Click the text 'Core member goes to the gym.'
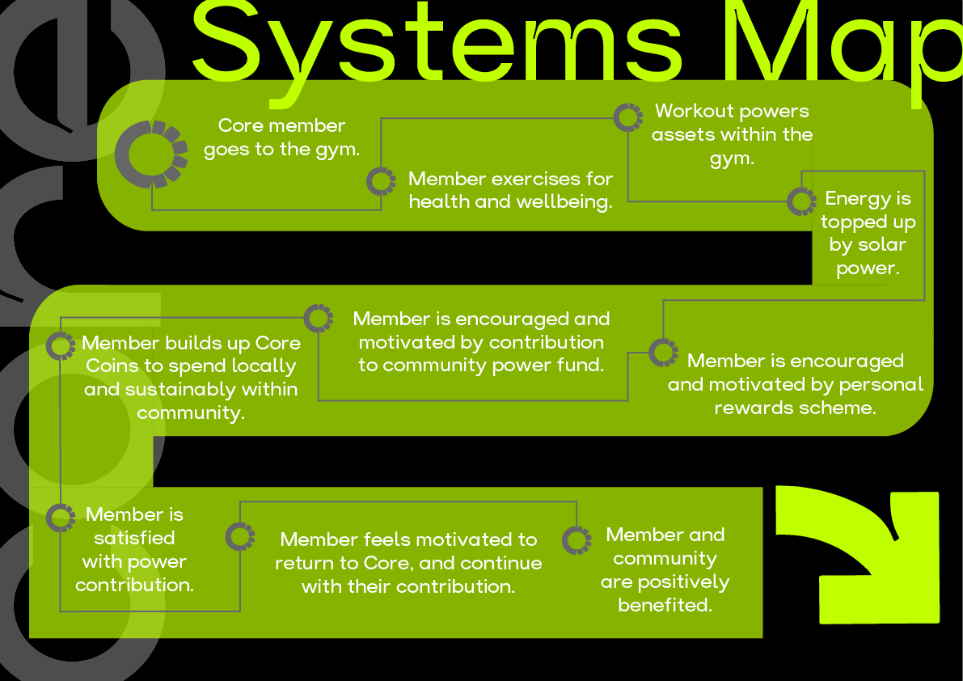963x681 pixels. [x=281, y=137]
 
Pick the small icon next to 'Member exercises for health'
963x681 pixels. [x=381, y=181]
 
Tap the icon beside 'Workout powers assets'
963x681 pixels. [x=628, y=117]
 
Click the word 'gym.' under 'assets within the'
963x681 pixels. [x=732, y=159]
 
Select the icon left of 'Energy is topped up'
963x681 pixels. [x=801, y=201]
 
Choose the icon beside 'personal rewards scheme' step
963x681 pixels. [x=663, y=352]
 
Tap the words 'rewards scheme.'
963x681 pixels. [x=795, y=408]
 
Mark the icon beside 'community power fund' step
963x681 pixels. [x=319, y=317]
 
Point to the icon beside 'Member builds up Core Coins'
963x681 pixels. [x=61, y=345]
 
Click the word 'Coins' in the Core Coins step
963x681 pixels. [x=112, y=366]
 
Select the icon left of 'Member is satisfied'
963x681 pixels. [x=61, y=518]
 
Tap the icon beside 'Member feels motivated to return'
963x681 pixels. [x=239, y=536]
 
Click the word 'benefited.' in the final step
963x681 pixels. [x=665, y=605]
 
